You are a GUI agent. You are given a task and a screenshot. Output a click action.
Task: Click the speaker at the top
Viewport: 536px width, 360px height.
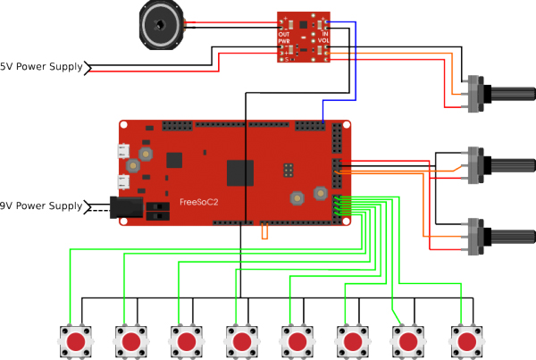click(x=162, y=24)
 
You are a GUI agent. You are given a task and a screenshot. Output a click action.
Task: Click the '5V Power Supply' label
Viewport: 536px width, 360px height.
click(x=40, y=67)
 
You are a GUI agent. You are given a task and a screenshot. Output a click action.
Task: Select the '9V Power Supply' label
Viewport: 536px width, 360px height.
click(x=40, y=206)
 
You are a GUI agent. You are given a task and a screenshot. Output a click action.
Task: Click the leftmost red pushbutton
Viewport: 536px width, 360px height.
click(x=76, y=341)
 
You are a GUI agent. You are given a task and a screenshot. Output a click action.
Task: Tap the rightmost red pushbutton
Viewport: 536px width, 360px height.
click(x=465, y=341)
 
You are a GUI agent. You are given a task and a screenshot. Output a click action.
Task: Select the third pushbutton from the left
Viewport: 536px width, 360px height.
click(x=187, y=341)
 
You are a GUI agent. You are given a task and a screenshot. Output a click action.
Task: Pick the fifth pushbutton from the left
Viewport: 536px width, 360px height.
click(x=298, y=341)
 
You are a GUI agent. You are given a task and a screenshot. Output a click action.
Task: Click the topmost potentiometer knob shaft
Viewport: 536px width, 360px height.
click(x=509, y=93)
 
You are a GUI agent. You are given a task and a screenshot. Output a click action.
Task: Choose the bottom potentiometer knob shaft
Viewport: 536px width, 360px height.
click(x=509, y=236)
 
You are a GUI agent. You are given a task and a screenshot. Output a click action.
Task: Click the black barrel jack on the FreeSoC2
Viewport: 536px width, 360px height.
click(x=126, y=209)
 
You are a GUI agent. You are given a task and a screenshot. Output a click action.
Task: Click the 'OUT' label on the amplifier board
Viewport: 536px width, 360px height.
click(x=285, y=34)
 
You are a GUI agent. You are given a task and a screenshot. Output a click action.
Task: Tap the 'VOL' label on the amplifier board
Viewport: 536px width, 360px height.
click(x=323, y=40)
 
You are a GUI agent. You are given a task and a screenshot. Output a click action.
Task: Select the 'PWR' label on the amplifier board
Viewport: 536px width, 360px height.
click(x=285, y=41)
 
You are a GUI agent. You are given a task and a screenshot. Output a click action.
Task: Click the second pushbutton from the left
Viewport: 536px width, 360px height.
click(x=131, y=341)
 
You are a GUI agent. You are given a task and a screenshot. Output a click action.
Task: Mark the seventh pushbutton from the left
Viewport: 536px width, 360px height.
click(x=410, y=341)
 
